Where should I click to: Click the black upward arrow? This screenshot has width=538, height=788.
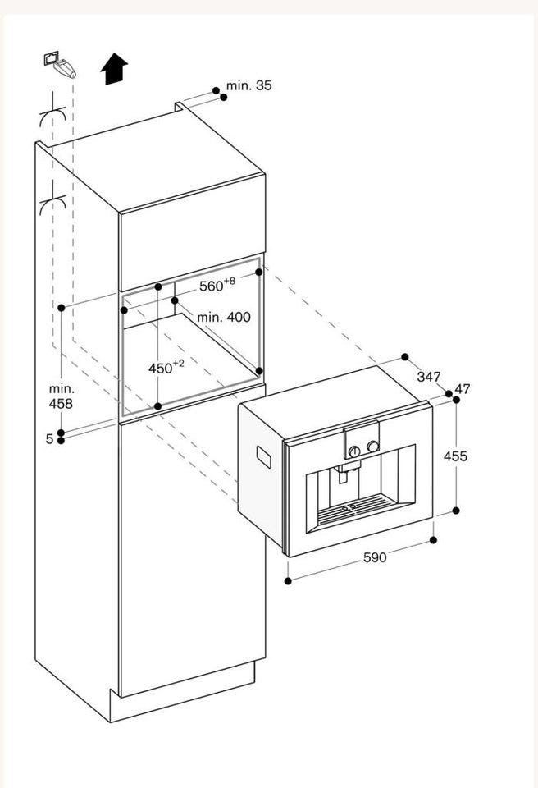click(x=114, y=69)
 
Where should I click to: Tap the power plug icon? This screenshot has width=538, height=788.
click(x=60, y=64)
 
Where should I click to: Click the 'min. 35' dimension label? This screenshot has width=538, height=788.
click(x=248, y=85)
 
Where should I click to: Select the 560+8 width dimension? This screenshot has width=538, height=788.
click(x=217, y=285)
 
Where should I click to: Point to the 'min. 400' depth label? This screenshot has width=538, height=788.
click(x=224, y=317)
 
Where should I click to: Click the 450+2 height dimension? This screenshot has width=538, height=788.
click(x=166, y=368)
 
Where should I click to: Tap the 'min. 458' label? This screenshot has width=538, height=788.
click(x=61, y=396)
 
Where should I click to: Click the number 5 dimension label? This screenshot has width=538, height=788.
click(x=49, y=438)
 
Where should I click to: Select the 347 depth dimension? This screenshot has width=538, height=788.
click(x=428, y=377)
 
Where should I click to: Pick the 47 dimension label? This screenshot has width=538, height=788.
click(x=463, y=388)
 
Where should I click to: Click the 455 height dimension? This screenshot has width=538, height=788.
click(x=455, y=456)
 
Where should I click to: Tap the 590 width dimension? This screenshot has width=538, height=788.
click(x=375, y=557)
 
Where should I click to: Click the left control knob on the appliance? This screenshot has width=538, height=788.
click(x=354, y=451)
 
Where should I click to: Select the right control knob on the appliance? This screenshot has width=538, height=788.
click(x=372, y=447)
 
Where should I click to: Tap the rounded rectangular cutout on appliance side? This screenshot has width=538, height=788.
click(x=264, y=457)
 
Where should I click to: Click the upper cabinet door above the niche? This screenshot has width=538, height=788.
click(x=193, y=231)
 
